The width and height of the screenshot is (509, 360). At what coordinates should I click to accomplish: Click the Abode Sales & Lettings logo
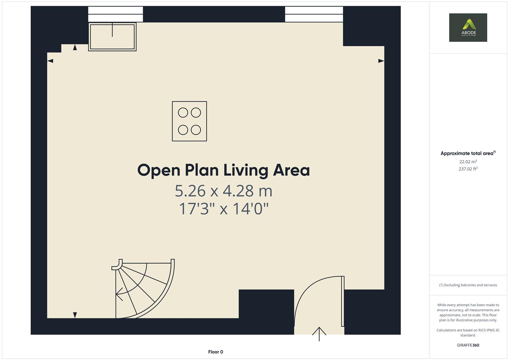click(468, 27)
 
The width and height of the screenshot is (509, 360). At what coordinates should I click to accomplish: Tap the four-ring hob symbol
click(190, 121)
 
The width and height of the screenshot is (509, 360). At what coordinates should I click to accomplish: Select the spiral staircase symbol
click(143, 289)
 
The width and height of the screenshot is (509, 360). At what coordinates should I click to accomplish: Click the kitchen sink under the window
click(112, 37)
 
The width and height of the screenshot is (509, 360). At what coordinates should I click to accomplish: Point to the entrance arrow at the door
click(319, 334)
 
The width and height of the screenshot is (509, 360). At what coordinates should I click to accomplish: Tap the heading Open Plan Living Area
click(224, 170)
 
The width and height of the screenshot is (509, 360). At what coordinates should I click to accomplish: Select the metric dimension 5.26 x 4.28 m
click(224, 191)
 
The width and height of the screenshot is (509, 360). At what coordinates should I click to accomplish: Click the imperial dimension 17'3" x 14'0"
click(224, 209)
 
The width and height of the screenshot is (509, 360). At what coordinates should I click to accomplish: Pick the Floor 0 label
click(216, 352)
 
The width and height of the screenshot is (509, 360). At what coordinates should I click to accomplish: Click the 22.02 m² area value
click(468, 162)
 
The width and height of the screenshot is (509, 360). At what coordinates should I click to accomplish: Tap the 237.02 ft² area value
click(468, 169)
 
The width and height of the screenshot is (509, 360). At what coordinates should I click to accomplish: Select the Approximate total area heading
click(468, 153)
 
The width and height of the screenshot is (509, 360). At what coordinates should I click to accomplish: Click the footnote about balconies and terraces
click(468, 285)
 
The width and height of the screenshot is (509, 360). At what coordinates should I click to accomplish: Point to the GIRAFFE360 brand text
click(468, 345)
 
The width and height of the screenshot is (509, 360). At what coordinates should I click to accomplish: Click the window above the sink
click(116, 14)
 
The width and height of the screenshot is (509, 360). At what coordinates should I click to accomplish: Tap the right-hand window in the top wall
click(314, 14)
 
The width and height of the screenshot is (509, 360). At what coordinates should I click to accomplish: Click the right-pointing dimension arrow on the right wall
click(381, 61)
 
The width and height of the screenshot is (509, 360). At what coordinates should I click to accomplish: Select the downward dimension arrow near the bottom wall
click(75, 315)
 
